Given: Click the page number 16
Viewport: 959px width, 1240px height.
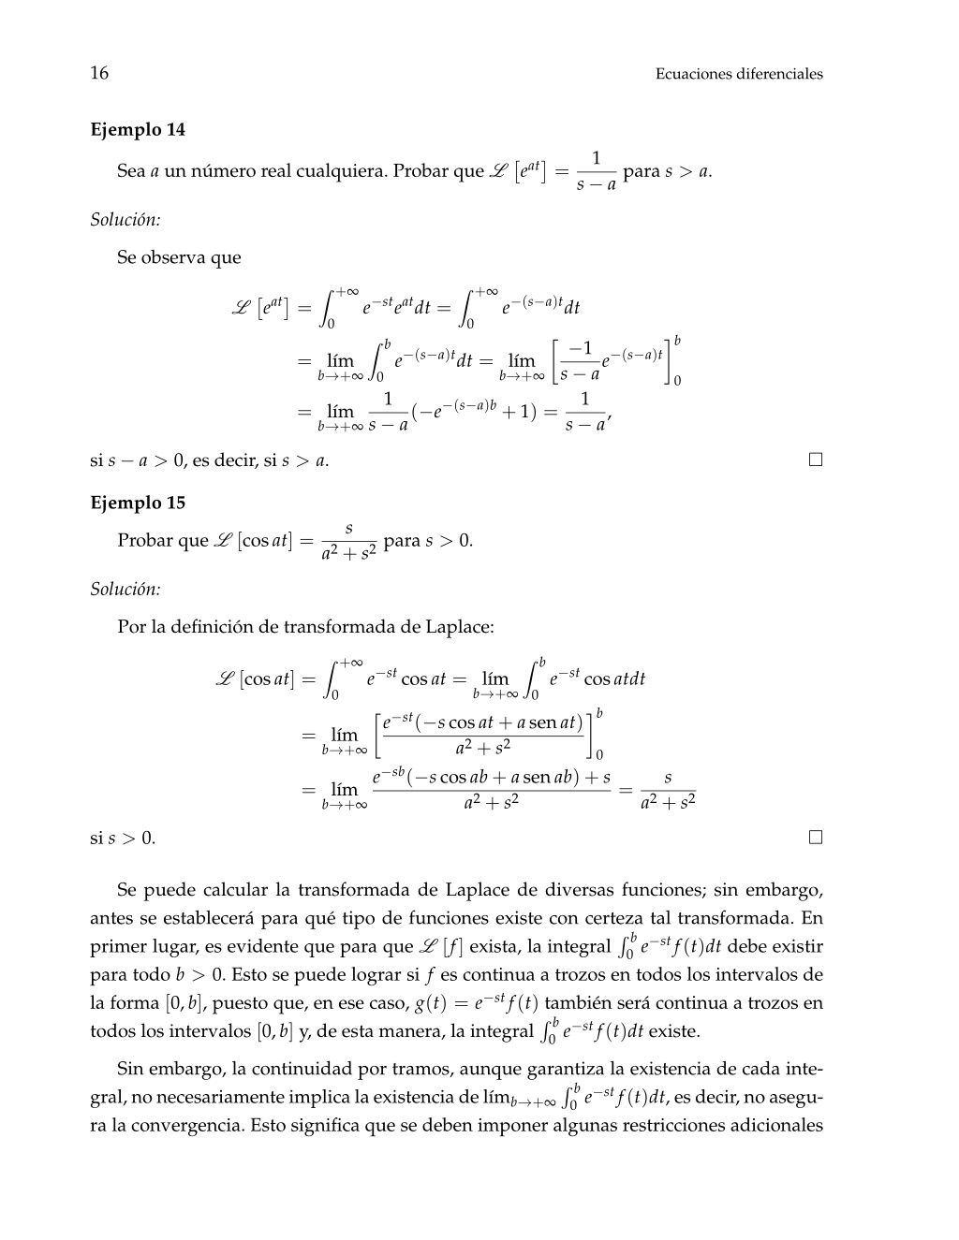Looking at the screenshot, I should (99, 74).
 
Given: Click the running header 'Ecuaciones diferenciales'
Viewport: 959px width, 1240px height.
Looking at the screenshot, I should (739, 74).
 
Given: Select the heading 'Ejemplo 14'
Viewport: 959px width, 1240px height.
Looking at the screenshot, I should (138, 130).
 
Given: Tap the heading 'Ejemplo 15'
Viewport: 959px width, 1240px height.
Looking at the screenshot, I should (138, 503).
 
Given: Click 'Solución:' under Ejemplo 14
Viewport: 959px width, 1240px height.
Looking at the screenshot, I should (125, 220).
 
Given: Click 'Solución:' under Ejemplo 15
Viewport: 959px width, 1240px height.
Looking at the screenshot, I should (125, 590).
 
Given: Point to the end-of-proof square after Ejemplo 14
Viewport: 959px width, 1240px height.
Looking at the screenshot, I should (816, 460).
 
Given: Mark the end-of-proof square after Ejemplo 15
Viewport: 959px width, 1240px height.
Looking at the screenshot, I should (816, 838).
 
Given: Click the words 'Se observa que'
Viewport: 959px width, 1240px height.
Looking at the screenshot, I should (179, 257).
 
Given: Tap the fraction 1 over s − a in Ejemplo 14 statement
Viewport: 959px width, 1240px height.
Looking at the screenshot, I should (596, 171).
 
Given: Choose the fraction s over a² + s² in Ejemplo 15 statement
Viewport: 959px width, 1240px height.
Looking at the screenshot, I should (348, 542).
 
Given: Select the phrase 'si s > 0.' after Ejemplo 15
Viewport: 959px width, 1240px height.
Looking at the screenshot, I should (123, 839).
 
